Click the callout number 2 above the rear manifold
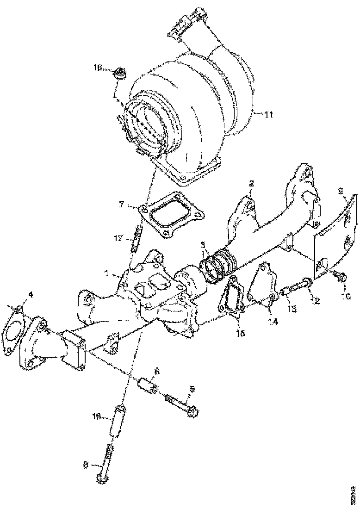pos(251,182)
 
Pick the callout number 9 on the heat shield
pos(340,190)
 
